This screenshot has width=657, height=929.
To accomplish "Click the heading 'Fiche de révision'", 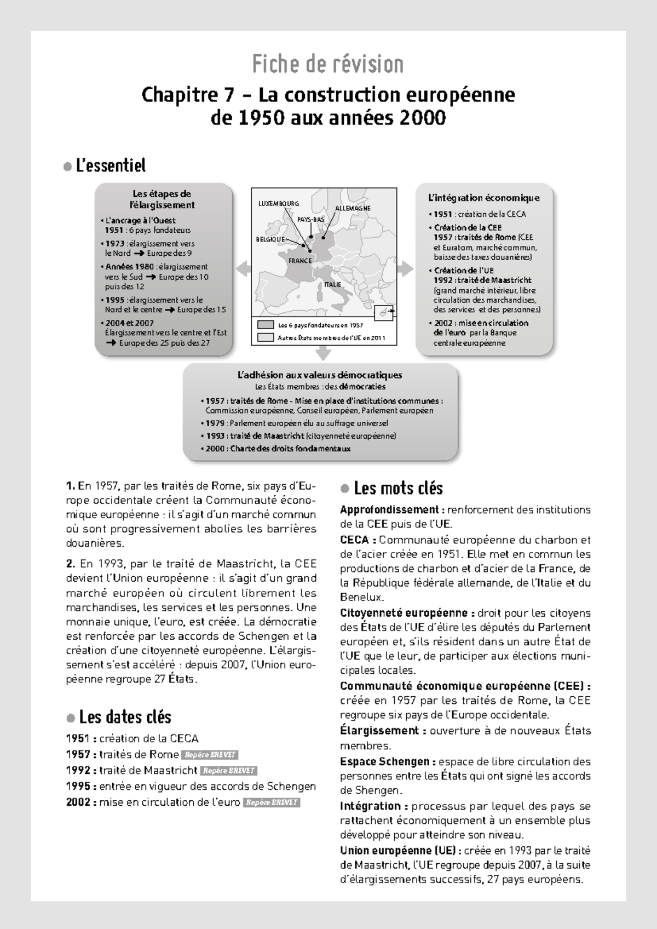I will pos(328,65).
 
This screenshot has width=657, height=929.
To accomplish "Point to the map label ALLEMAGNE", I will pos(353,208).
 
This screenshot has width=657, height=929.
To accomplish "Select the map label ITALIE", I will pos(332,284).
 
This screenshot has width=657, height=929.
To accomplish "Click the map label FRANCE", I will pos(299,261).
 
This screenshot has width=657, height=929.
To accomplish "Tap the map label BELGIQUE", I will pos(270,239).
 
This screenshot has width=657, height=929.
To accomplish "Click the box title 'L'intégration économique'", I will pos(484,198).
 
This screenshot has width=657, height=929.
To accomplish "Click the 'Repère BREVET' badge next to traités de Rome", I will pos(210,755).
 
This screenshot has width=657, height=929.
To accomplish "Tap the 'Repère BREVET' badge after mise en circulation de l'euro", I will pos(272,802).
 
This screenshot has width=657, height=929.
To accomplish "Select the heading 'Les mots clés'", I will pos(398,488).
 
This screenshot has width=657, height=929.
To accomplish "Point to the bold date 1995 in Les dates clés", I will pos(78,787).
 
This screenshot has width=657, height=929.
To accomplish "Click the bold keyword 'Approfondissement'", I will pos(389,509).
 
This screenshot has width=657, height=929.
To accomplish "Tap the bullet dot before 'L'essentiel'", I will pos(68,166).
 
